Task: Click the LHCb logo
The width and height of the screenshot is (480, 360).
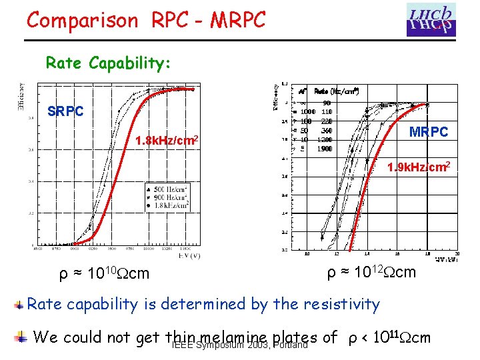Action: click(431, 19)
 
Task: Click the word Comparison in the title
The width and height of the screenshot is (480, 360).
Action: click(82, 20)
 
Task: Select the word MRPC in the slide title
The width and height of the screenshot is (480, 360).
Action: click(237, 20)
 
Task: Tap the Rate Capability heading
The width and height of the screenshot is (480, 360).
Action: click(109, 63)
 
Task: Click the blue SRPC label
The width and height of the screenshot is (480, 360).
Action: click(65, 111)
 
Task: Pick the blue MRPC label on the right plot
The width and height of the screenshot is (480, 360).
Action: click(429, 132)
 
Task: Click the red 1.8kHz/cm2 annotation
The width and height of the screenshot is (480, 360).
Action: click(165, 141)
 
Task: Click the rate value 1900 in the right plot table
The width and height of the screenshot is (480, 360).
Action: click(325, 149)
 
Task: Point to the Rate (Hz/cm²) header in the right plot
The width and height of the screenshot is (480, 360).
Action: click(337, 91)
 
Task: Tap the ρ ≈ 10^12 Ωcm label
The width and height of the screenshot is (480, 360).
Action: click(371, 273)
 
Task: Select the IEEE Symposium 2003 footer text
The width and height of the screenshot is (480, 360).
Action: click(239, 345)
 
